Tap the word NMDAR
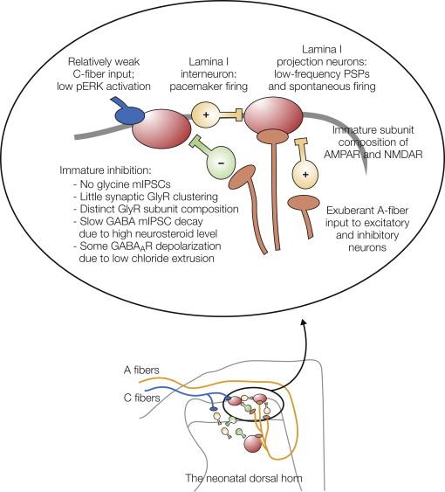(393, 163)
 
